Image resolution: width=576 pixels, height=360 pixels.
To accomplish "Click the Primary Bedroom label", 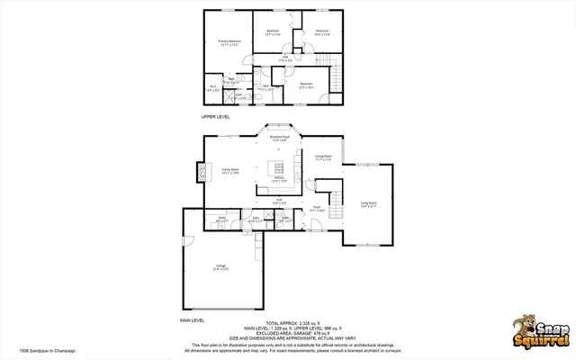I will pyautogui.click(x=229, y=42).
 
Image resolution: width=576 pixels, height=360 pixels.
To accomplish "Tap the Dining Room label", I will pyautogui.click(x=324, y=158).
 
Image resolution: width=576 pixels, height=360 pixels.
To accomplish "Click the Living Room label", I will pyautogui.click(x=368, y=204).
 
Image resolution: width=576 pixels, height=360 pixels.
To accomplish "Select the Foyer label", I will pyautogui.click(x=317, y=208).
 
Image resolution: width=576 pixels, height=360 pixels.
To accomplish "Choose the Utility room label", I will pyautogui.click(x=221, y=218).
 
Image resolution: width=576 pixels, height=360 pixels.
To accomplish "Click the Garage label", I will pyautogui.click(x=220, y=265).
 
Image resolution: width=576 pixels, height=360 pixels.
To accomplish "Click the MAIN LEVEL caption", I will pyautogui.click(x=193, y=319).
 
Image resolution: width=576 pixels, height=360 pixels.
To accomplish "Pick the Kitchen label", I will pyautogui.click(x=280, y=179).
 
